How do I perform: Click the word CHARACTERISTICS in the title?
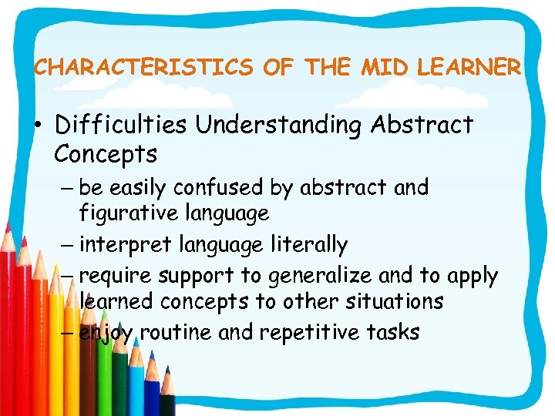[143, 68]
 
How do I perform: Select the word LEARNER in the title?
[469, 68]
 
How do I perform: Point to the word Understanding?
[277, 125]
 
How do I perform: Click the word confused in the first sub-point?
[220, 187]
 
